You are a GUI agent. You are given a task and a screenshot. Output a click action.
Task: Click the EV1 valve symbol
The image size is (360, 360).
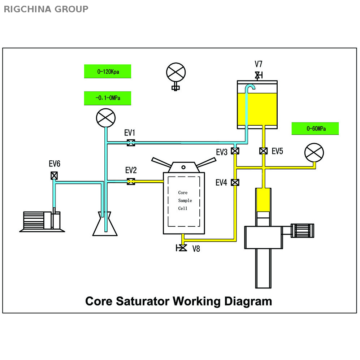[131, 143]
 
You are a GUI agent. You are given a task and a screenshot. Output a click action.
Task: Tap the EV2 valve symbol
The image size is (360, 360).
[131, 181]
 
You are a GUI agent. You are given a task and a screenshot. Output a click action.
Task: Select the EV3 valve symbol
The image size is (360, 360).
[235, 151]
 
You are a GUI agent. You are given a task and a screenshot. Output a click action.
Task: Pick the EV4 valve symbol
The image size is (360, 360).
[235, 182]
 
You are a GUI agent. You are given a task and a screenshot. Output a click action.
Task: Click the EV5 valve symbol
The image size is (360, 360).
[264, 151]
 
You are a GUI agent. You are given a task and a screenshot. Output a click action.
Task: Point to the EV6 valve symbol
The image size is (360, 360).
[54, 175]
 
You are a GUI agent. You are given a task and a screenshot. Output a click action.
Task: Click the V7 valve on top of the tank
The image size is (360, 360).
[258, 75]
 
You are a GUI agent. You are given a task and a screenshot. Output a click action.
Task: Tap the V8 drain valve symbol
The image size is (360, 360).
[183, 248]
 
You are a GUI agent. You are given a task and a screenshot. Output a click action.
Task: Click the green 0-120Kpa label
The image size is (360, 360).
[108, 71]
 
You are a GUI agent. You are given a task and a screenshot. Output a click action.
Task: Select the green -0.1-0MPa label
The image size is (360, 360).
[108, 98]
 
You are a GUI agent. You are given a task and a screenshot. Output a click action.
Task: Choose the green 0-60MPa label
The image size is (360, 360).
[315, 129]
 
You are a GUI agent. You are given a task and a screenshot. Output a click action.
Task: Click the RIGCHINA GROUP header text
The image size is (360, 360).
[46, 9]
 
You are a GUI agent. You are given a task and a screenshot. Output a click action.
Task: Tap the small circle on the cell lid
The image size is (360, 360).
[183, 167]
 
